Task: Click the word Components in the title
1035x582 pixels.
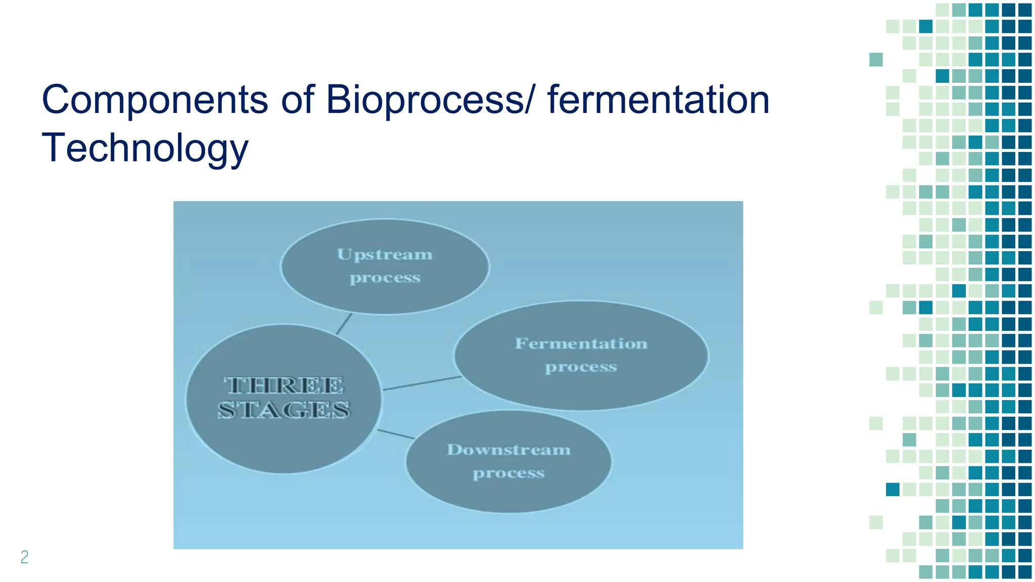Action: click(x=155, y=100)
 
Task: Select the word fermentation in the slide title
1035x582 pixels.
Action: click(x=658, y=100)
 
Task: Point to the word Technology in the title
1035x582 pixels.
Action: click(x=145, y=148)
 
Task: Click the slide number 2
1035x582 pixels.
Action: click(x=24, y=557)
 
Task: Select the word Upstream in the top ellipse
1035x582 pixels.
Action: click(x=385, y=254)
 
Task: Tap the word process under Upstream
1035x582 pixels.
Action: click(x=385, y=278)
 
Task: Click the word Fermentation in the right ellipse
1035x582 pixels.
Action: click(x=581, y=344)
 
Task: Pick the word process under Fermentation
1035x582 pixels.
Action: click(x=581, y=367)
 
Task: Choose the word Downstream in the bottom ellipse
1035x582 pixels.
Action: click(x=508, y=450)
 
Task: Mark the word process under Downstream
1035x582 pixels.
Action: click(x=508, y=473)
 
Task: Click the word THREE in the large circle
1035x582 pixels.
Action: click(x=284, y=385)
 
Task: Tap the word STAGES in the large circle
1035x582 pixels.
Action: click(x=284, y=410)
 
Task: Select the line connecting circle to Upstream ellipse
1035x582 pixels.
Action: click(x=344, y=324)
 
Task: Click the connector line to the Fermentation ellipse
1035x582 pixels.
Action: click(x=422, y=383)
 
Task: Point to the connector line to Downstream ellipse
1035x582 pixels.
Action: click(x=396, y=434)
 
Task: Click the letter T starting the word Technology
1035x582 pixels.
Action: click(x=53, y=148)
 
